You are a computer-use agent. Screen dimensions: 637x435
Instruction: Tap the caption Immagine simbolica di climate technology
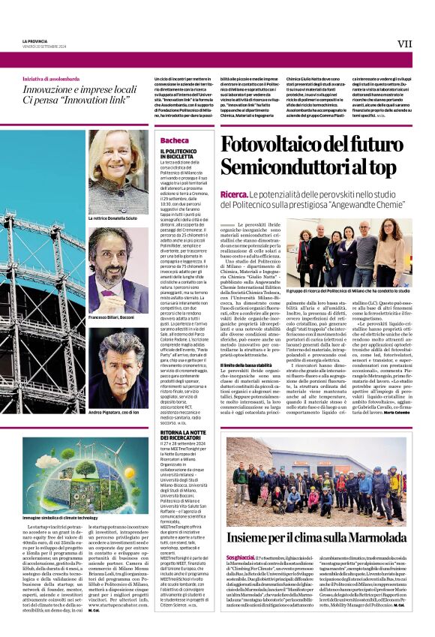(x=60, y=518)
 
